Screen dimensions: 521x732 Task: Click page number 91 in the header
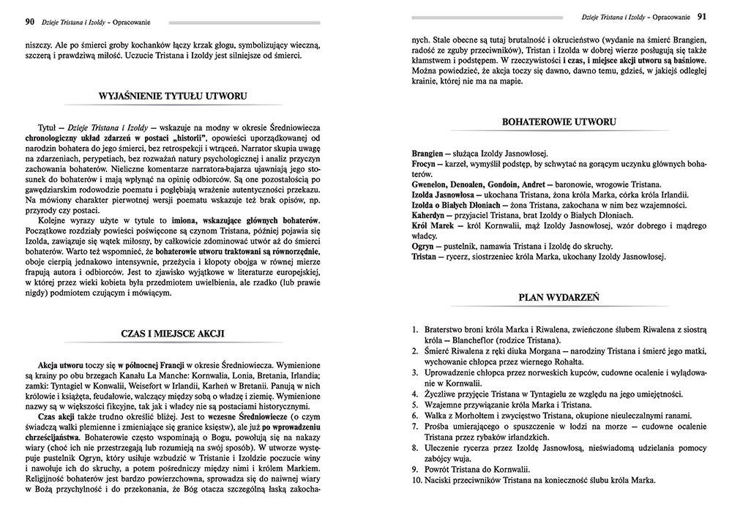click(701, 16)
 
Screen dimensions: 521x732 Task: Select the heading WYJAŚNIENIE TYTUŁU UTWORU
click(173, 96)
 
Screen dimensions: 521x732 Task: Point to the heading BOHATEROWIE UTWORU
click(559, 121)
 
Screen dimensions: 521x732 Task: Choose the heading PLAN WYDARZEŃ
click(559, 298)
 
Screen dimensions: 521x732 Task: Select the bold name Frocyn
click(424, 165)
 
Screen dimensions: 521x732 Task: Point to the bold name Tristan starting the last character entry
click(425, 258)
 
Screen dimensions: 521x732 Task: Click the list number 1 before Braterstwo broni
click(414, 330)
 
